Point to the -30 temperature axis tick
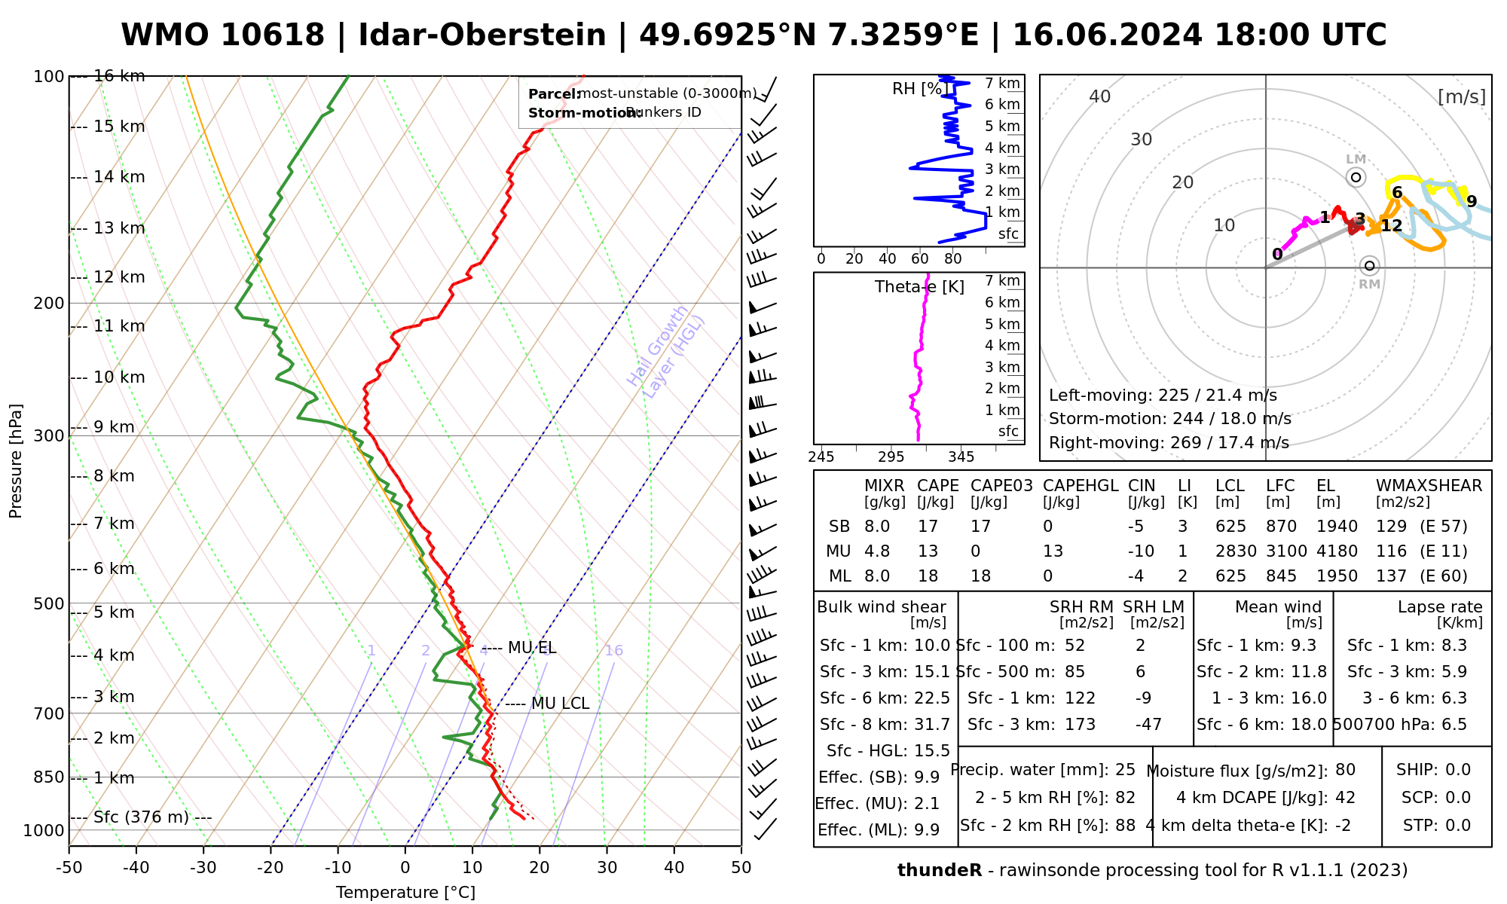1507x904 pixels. point(203,868)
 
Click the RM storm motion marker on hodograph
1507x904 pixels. point(1370,265)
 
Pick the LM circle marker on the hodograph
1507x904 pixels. point(1356,177)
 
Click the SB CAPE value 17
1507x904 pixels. point(928,527)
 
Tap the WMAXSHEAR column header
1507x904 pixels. point(1429,486)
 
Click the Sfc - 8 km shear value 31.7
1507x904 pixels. point(931,725)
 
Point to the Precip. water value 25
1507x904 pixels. point(1125,770)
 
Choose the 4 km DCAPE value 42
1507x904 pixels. point(1345,798)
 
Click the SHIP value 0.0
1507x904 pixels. point(1457,770)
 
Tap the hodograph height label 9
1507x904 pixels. point(1471,201)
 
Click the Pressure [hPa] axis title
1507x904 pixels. point(16,461)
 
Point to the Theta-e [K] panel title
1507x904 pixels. point(919,287)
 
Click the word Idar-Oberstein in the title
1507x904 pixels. point(482,35)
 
